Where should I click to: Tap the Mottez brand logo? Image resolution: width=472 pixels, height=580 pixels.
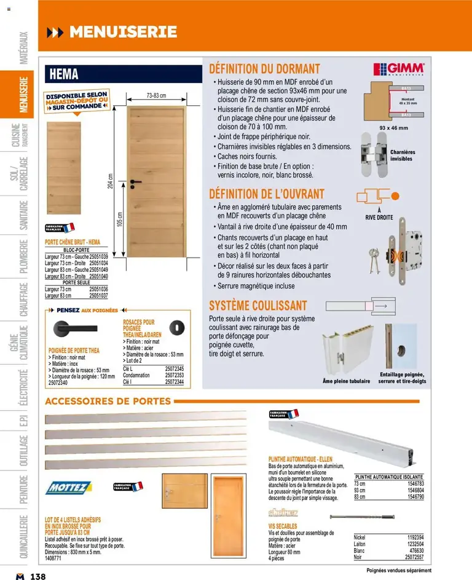[66, 488]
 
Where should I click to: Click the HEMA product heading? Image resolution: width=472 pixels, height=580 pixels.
[65, 74]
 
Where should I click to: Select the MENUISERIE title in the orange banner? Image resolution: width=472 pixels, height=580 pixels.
[123, 32]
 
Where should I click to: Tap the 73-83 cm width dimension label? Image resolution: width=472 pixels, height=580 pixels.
[156, 95]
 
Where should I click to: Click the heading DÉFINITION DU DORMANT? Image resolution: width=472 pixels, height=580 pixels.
[264, 68]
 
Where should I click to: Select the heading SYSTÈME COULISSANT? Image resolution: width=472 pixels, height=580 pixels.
[258, 305]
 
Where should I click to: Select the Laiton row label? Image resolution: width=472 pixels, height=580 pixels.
[361, 544]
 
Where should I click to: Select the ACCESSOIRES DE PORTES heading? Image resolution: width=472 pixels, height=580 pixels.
[108, 402]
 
